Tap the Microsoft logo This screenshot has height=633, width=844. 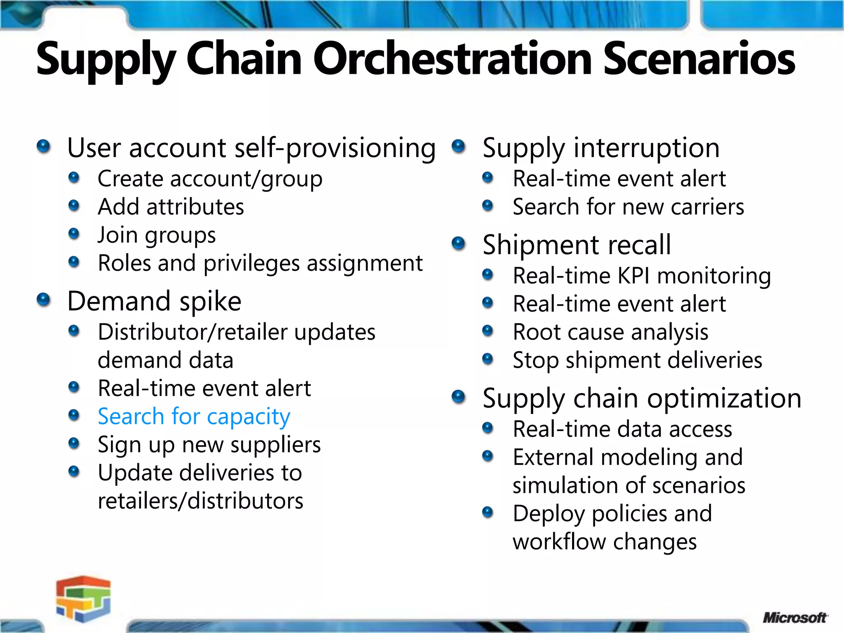(794, 618)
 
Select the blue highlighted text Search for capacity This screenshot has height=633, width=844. (194, 416)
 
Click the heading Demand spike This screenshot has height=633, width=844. (154, 301)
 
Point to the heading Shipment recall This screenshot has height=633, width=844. (577, 245)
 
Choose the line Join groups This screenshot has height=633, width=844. (157, 235)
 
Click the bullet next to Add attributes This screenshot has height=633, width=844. (74, 205)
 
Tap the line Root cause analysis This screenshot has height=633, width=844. (610, 332)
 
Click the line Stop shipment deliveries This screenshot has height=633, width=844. (637, 360)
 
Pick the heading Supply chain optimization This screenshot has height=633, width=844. (642, 399)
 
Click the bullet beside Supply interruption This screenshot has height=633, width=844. (458, 146)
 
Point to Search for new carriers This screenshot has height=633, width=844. (628, 207)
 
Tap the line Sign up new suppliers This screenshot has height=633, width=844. (209, 445)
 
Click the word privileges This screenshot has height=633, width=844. (251, 263)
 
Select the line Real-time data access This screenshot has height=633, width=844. (622, 429)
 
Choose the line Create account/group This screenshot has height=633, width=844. (210, 179)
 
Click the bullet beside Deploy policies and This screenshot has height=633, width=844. (488, 512)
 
